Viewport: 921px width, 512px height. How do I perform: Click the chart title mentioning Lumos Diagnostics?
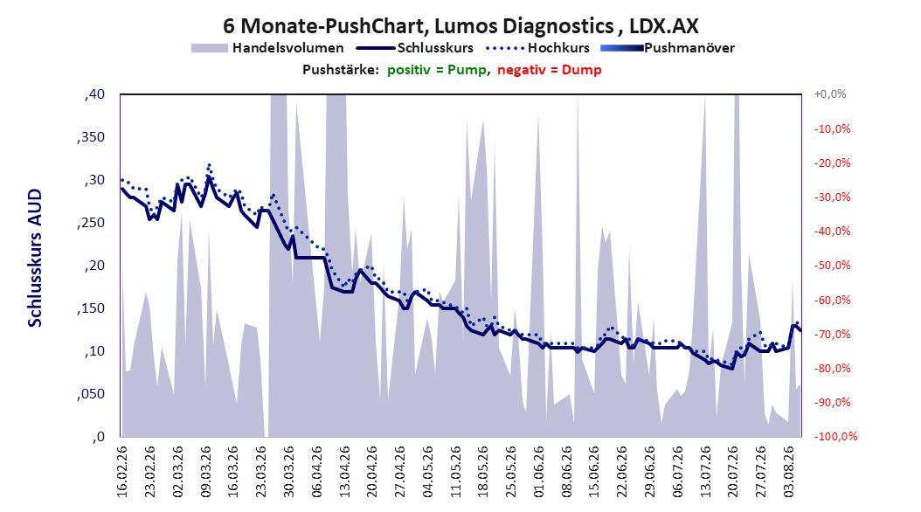460,26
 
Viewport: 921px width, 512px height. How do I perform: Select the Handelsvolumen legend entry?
267,48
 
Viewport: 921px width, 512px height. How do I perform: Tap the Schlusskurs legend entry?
415,48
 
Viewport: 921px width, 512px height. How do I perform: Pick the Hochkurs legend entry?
537,48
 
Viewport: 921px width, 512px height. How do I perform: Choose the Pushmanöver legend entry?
668,48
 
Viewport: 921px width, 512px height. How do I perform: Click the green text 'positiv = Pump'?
437,70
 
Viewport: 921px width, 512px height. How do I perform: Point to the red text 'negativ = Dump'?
550,70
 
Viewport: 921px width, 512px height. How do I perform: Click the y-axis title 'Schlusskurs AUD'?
35,258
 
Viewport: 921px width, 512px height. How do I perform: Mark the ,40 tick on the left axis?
94,94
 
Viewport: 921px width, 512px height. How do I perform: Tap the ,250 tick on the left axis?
91,223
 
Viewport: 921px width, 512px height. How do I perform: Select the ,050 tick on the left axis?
91,394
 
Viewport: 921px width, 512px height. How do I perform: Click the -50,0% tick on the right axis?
832,266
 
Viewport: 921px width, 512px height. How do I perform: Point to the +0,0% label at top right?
830,94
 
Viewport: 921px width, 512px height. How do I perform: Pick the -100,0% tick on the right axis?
835,436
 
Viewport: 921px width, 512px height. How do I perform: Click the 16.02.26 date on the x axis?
122,472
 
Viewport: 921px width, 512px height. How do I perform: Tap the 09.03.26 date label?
205,472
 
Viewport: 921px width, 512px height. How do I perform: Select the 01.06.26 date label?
539,472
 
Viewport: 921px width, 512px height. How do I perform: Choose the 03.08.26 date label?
789,472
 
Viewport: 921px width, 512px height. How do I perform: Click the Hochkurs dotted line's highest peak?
209,165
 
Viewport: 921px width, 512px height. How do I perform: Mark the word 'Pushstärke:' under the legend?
341,70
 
